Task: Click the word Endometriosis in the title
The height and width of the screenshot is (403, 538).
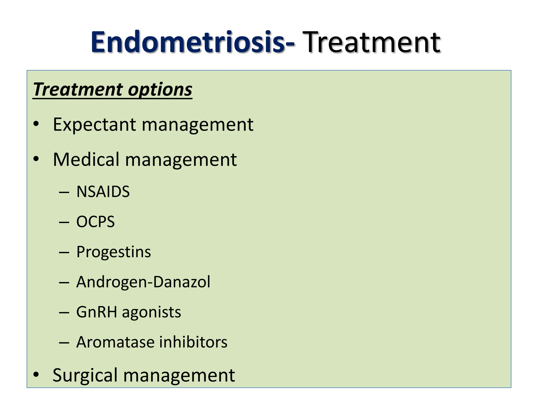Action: point(188,43)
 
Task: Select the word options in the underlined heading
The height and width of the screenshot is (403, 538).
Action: point(160,89)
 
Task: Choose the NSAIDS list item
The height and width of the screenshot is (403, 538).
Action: point(103,192)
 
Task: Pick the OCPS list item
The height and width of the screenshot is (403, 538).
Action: point(95,222)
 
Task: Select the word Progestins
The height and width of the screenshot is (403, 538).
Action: point(113,252)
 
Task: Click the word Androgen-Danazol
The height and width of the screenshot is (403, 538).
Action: point(143,282)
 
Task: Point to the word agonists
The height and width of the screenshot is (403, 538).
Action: point(151,312)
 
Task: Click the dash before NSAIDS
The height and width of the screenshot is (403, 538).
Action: point(64,193)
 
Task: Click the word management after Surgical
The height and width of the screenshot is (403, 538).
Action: point(179,375)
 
